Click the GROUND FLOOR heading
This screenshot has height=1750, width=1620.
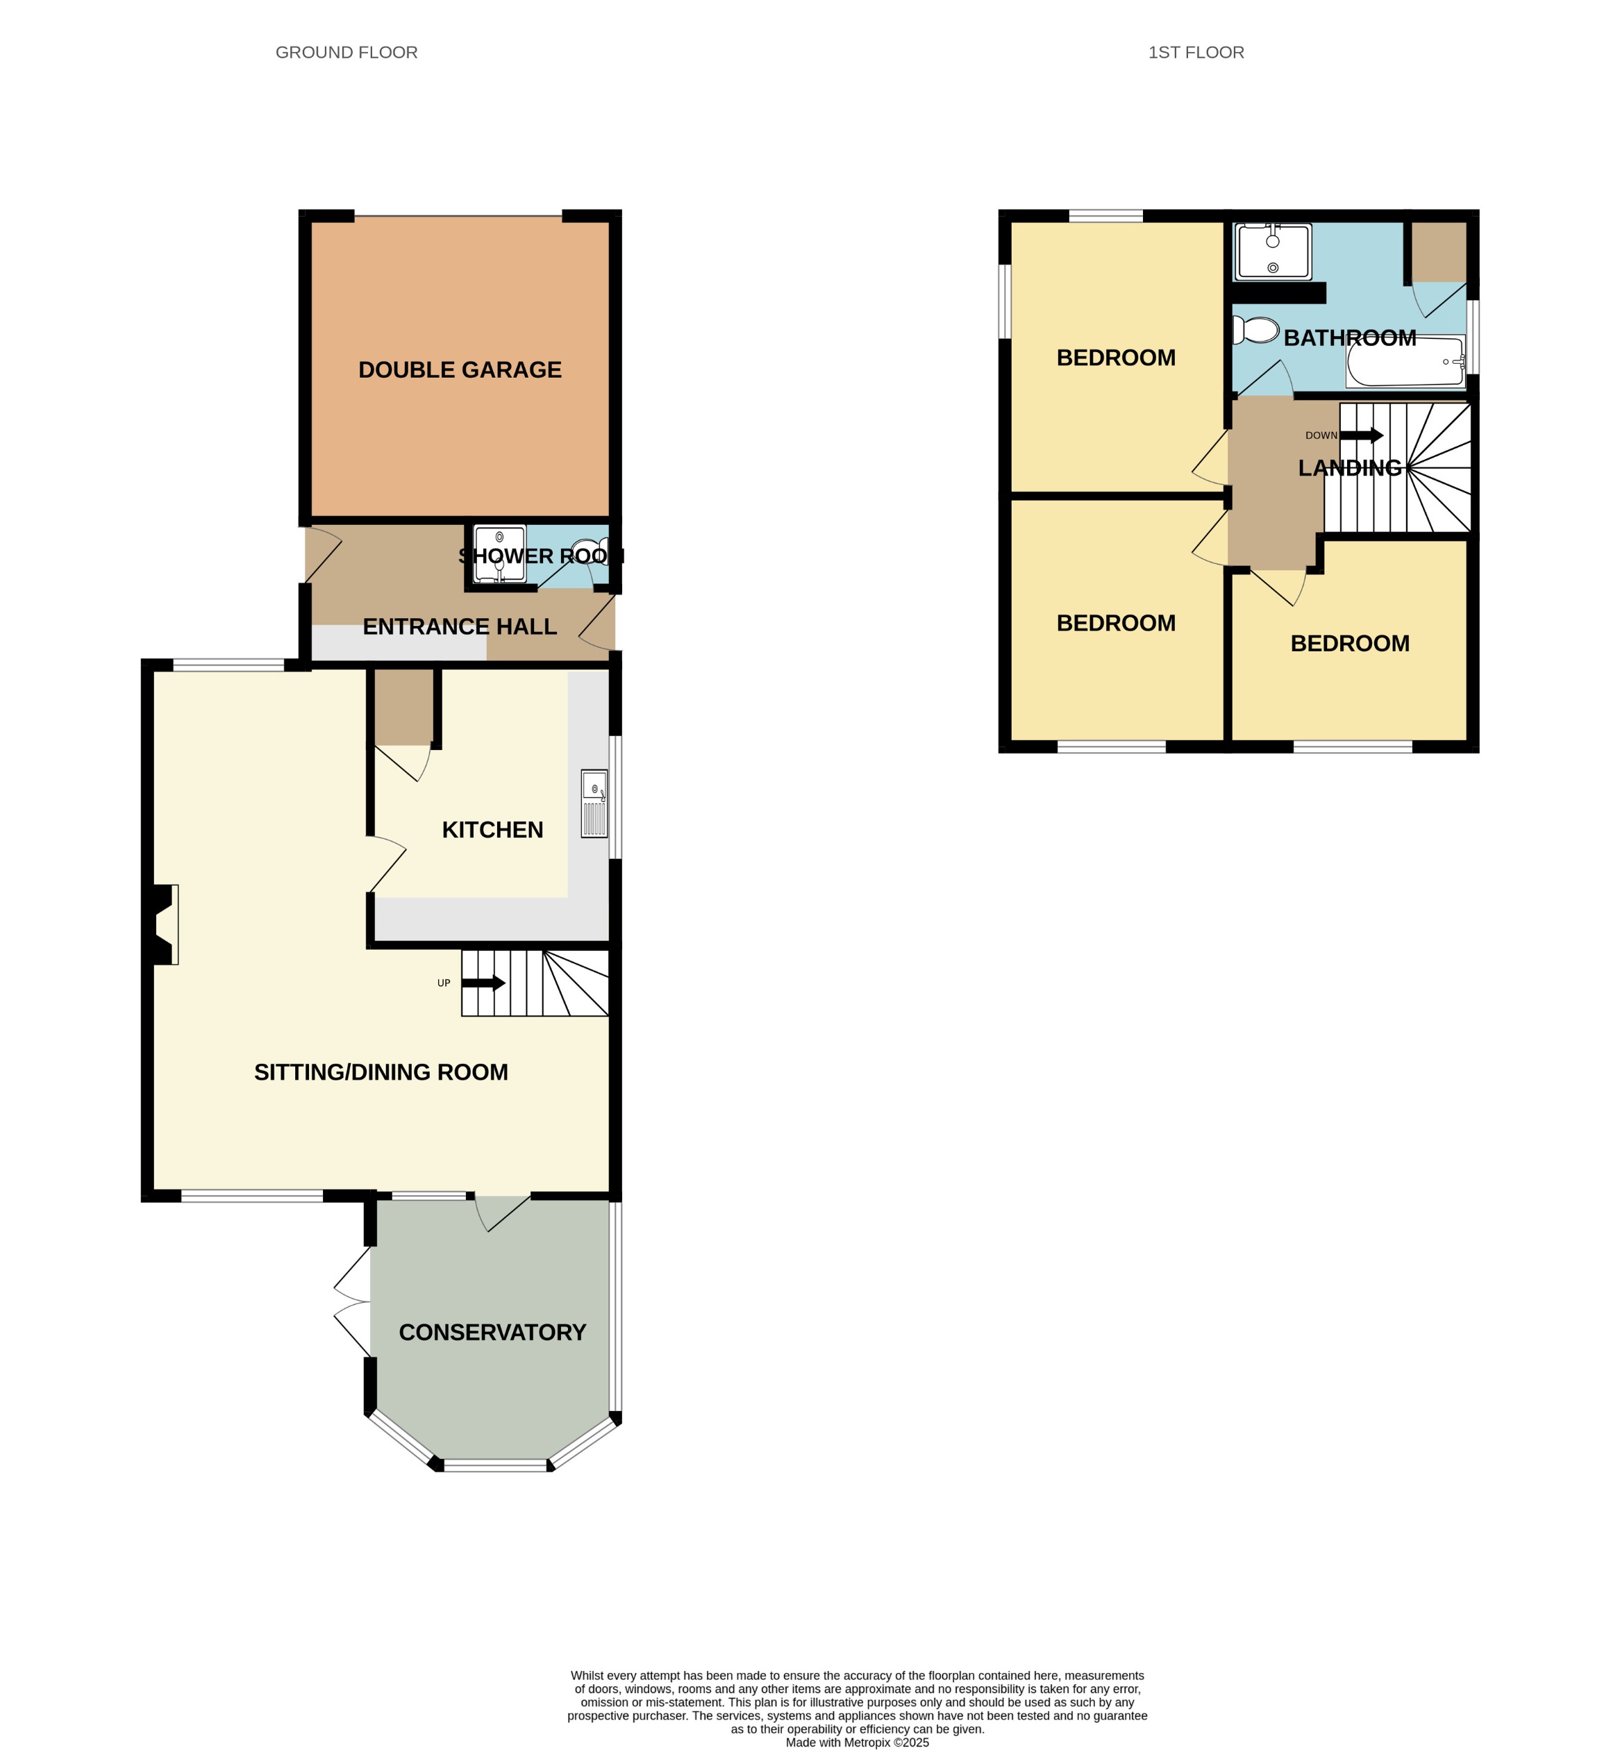[346, 53]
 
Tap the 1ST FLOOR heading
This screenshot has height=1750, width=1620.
[1196, 53]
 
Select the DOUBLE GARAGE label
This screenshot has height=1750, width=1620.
[460, 370]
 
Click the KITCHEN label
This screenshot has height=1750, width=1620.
[492, 829]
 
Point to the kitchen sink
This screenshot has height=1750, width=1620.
[594, 803]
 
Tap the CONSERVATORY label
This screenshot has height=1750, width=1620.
[492, 1332]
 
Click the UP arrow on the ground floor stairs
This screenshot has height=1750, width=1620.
[483, 983]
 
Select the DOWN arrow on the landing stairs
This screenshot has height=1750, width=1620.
[1362, 435]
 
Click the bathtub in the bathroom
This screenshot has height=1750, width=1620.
[1405, 361]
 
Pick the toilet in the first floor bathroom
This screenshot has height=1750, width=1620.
[1256, 331]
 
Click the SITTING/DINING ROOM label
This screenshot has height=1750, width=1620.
[381, 1072]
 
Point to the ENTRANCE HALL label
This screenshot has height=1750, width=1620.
[460, 627]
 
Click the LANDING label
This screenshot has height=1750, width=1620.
[1349, 468]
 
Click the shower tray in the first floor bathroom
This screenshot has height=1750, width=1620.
[1273, 251]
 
